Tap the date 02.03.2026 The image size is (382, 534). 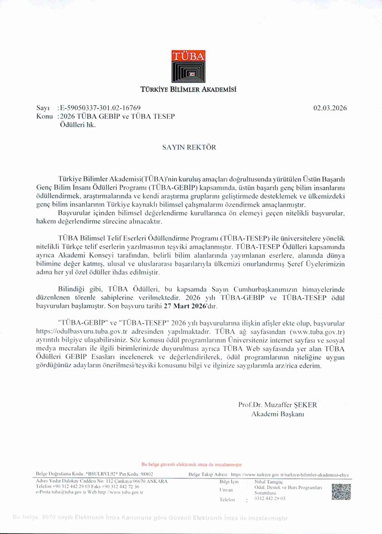[x=330, y=108]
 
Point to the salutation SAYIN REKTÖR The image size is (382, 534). [x=191, y=147]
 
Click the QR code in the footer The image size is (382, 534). [x=341, y=492]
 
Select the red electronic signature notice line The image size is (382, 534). [x=191, y=465]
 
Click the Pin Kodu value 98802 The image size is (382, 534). [x=146, y=474]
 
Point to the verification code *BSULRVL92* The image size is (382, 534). [x=103, y=474]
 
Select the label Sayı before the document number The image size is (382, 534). [x=43, y=108]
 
